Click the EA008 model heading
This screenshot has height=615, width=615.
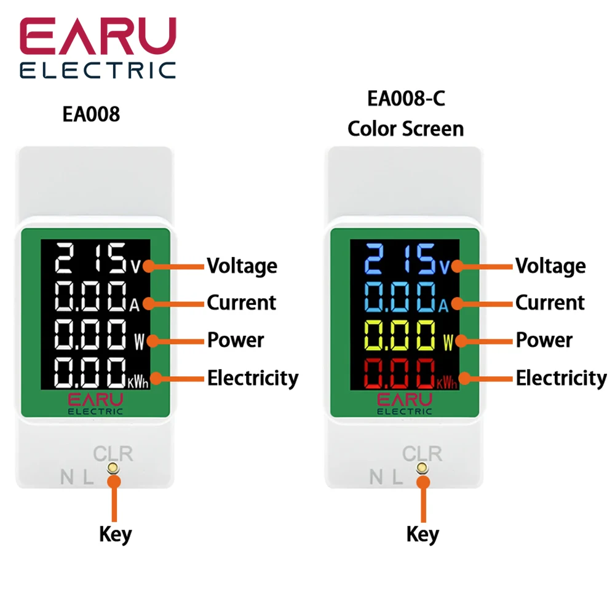(x=91, y=115)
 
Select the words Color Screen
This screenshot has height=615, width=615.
(x=405, y=129)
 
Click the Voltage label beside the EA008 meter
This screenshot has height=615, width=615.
(x=242, y=266)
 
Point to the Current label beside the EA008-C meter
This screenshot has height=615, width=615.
(x=550, y=303)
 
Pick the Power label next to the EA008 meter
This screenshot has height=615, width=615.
(x=235, y=340)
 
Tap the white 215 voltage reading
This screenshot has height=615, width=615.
(x=90, y=260)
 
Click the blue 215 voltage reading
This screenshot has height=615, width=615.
(x=399, y=260)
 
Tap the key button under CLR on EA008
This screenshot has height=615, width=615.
(x=113, y=469)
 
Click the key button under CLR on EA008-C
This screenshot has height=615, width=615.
(x=422, y=469)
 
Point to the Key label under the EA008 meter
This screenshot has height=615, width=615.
(x=115, y=534)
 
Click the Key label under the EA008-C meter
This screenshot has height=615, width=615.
(x=423, y=534)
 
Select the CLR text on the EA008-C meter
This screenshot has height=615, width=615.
(x=422, y=454)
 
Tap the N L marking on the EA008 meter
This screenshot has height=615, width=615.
(x=77, y=477)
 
